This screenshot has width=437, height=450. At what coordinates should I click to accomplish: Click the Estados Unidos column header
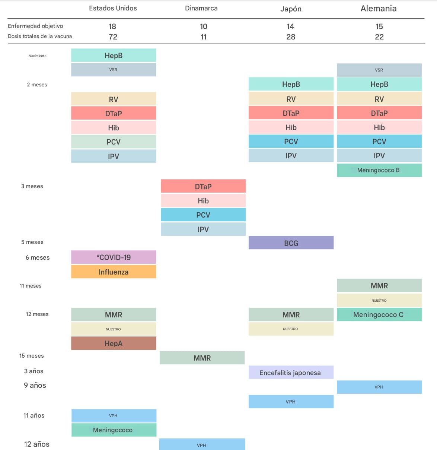113,8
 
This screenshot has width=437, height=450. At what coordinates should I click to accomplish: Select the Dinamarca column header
201,8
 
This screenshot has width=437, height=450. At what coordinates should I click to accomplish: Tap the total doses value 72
113,37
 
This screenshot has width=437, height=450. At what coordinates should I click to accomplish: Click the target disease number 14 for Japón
290,26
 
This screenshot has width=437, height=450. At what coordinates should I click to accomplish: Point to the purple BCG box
291,243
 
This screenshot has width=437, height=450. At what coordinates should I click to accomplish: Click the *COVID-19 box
114,257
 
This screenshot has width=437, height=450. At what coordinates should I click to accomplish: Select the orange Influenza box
114,272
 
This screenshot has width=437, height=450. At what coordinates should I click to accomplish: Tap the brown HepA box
114,343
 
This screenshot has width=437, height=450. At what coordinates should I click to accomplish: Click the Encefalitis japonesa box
290,373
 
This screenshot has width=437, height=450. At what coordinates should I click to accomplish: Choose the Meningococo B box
379,170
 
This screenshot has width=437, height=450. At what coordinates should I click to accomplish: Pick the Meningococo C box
379,315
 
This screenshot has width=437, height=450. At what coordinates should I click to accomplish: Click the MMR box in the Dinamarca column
202,358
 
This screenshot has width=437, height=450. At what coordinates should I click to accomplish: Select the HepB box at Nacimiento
114,56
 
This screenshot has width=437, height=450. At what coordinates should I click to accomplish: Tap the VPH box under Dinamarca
202,445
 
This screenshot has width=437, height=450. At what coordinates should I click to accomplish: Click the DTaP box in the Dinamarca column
203,186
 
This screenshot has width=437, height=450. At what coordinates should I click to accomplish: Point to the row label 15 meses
32,356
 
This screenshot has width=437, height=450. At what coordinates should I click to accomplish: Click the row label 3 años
34,371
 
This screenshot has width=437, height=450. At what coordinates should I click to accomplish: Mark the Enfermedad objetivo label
35,26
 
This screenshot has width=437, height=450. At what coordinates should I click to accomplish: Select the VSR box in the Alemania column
379,70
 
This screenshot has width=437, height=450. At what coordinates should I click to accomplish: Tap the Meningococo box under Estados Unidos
113,430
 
